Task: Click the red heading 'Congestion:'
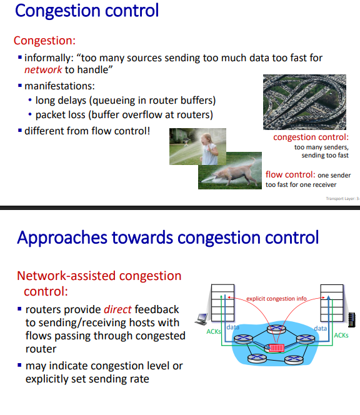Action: point(44,41)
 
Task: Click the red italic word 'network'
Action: point(42,70)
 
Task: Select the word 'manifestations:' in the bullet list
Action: point(59,86)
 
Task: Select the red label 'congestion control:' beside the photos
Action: point(311,137)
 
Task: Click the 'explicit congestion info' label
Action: point(276,299)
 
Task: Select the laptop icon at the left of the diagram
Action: point(200,319)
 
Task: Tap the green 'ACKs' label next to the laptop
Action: point(212,332)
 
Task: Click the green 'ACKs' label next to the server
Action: point(341,335)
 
